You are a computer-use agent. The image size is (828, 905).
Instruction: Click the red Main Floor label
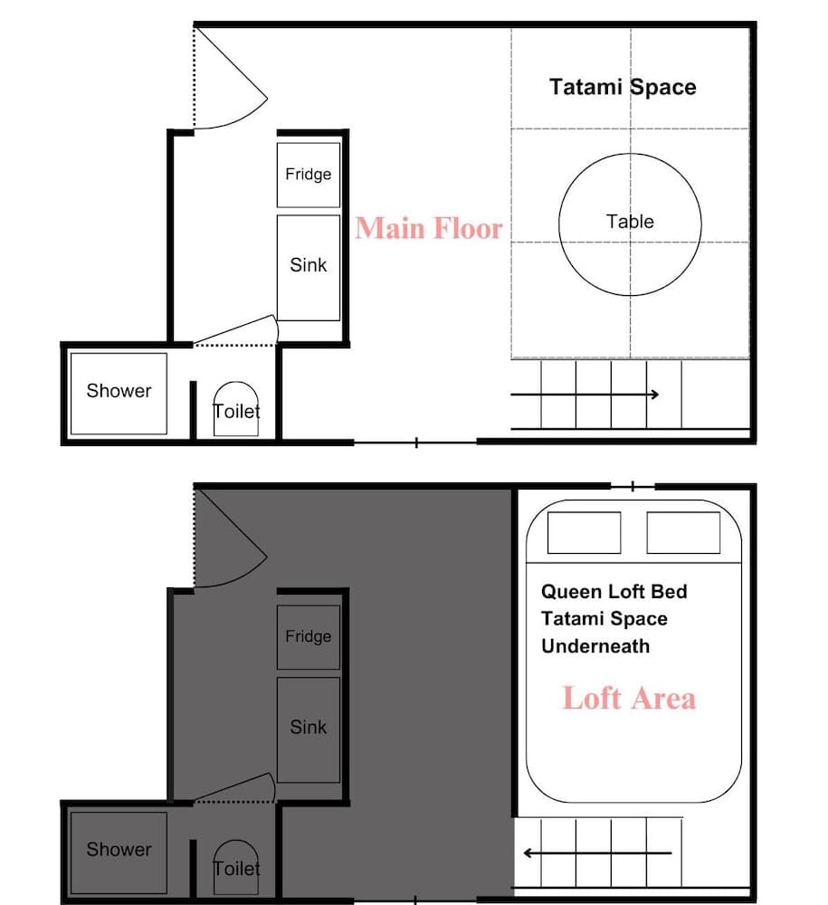[x=429, y=228]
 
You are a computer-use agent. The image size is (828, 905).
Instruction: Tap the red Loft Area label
[x=629, y=698]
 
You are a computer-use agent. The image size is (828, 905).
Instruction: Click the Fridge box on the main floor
[x=308, y=175]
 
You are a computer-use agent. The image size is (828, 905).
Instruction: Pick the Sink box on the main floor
[x=308, y=268]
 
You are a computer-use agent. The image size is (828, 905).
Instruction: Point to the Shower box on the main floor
[x=119, y=394]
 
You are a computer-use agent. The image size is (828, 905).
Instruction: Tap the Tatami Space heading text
[x=623, y=87]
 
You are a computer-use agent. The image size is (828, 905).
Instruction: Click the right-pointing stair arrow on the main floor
[x=585, y=395]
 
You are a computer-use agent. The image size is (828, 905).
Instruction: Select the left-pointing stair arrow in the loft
[x=597, y=853]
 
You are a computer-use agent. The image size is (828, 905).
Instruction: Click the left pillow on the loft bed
[x=584, y=532]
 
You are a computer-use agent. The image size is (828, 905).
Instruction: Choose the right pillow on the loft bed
[x=683, y=532]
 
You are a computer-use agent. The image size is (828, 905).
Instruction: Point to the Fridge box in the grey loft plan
[x=308, y=637]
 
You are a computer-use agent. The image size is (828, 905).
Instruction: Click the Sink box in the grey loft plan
[x=308, y=730]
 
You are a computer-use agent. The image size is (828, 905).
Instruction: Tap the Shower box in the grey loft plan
[x=119, y=853]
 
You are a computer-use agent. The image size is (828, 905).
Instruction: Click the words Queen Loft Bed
[x=614, y=592]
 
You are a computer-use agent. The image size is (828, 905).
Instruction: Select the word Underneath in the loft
[x=595, y=646]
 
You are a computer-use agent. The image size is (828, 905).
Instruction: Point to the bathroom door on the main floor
[x=235, y=330]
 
